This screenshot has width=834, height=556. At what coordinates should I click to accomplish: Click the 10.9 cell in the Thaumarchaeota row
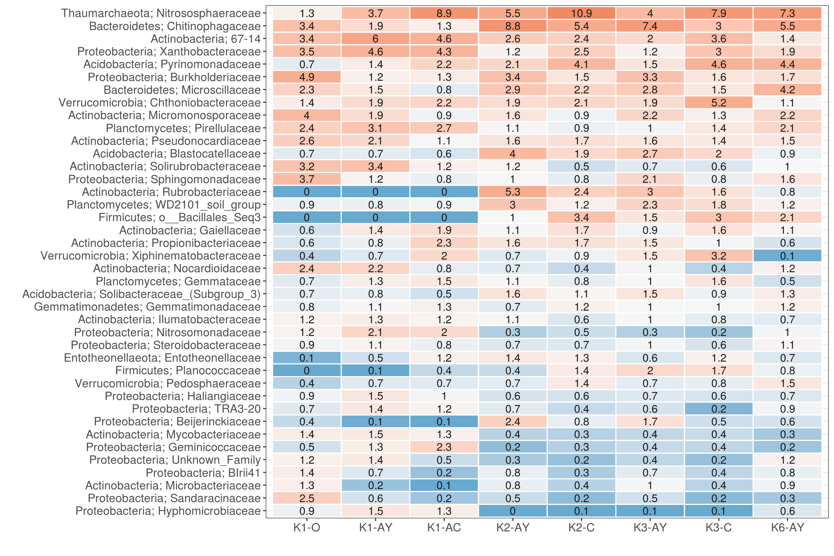[581, 13]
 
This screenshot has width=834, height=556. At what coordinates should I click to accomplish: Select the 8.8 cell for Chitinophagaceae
[513, 26]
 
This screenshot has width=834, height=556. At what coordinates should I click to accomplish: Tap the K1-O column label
[307, 528]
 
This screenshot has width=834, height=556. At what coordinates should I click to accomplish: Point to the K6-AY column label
[787, 528]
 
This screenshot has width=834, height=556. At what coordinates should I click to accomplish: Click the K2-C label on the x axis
[581, 528]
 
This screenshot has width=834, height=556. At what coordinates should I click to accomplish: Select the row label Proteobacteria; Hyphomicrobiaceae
[168, 511]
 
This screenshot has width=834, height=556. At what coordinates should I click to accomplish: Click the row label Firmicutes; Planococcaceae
[188, 371]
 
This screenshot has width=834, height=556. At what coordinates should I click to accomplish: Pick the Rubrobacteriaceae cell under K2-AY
[513, 192]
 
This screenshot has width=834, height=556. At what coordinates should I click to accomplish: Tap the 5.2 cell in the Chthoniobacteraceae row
[719, 103]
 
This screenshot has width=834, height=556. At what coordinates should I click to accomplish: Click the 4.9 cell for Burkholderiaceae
[307, 77]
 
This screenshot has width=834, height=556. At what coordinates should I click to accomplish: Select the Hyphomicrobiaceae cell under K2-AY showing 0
[513, 511]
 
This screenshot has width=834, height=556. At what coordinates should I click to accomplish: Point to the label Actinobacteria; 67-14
[206, 39]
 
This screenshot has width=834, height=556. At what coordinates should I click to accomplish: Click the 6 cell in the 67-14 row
[375, 39]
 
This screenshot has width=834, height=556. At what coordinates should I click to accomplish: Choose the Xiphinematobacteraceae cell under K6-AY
[787, 256]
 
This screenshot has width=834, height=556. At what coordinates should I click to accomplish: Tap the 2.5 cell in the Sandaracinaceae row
[307, 498]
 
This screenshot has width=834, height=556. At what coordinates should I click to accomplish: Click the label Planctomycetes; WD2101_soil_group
[164, 205]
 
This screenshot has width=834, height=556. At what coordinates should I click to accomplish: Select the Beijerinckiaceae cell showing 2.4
[513, 422]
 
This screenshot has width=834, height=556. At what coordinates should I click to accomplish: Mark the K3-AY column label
[650, 528]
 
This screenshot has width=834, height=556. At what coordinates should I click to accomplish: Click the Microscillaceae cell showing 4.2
[787, 90]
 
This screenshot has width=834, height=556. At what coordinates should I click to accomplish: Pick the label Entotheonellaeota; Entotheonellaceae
[162, 358]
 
